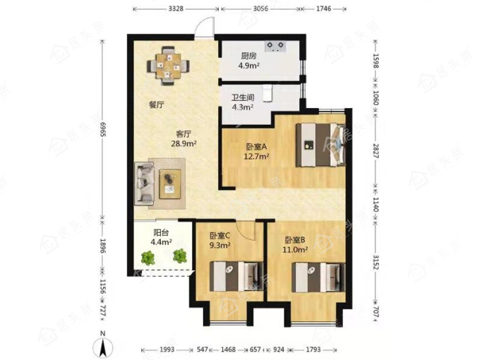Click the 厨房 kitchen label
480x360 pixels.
[248, 56]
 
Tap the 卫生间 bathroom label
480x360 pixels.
[243, 97]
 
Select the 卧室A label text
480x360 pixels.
[256, 147]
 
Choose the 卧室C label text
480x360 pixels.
[220, 236]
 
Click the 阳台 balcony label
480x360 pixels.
[161, 233]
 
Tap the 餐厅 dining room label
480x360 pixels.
[157, 105]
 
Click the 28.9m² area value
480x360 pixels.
[184, 143]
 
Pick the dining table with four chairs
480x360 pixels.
[168, 66]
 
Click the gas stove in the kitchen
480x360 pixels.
[275, 46]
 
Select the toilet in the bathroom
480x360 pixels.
[267, 92]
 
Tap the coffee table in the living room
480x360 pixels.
[169, 184]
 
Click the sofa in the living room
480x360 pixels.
[144, 184]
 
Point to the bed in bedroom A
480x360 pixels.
[320, 145]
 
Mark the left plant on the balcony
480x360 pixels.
[148, 258]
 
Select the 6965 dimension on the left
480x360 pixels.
[103, 130]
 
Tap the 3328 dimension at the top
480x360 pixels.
[176, 8]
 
